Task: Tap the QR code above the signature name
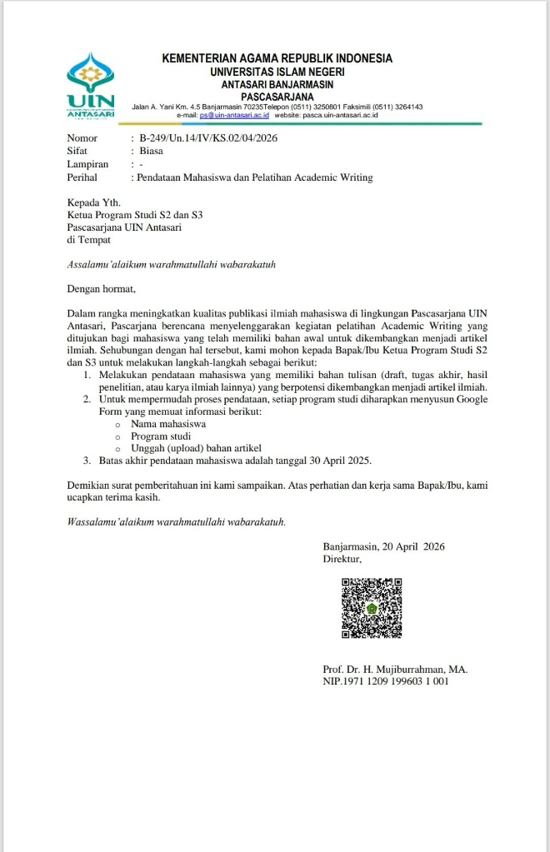tap(372, 609)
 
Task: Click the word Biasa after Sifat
tap(152, 152)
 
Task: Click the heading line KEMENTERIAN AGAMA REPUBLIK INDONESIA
tap(277, 58)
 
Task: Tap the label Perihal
tap(82, 177)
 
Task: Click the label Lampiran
tap(87, 165)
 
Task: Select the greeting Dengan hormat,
tap(100, 290)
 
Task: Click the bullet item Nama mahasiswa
tap(168, 424)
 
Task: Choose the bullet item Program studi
tap(162, 436)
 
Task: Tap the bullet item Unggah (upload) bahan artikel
tap(192, 448)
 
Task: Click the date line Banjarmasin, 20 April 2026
tap(384, 546)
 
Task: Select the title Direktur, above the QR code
tap(342, 560)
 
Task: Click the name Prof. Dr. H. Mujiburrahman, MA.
tap(395, 669)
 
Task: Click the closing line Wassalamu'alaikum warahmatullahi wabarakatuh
tap(177, 522)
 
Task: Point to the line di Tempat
tap(88, 239)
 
